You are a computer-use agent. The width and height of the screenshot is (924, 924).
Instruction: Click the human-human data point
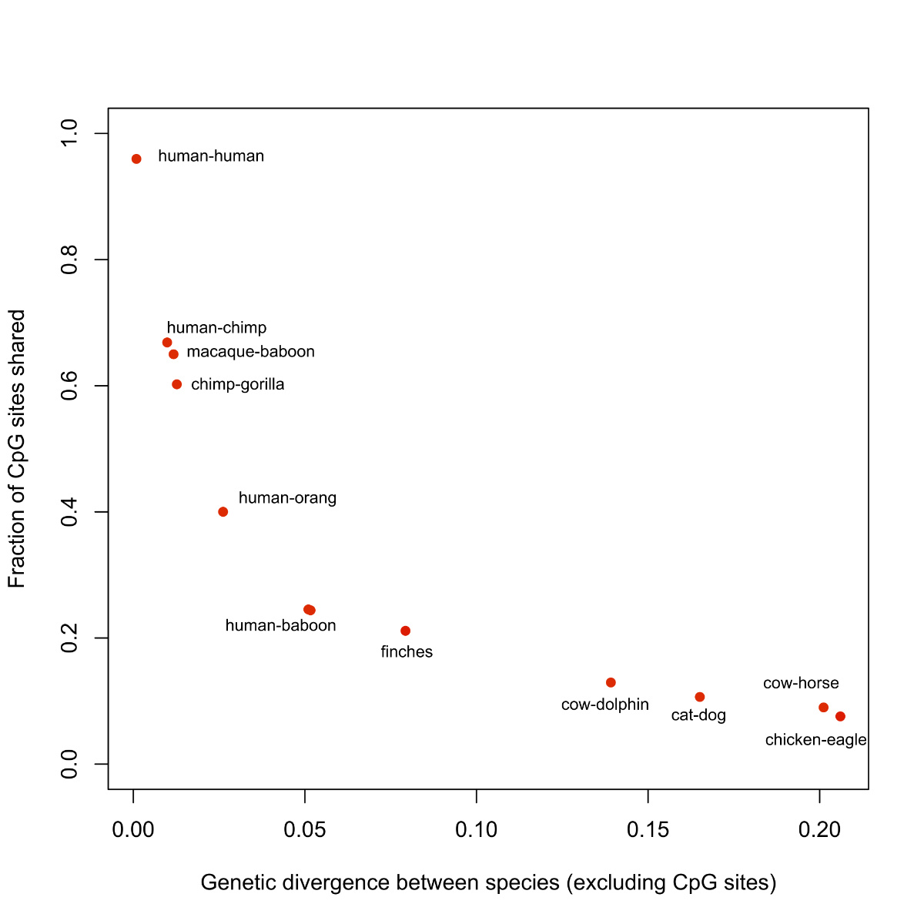(x=136, y=159)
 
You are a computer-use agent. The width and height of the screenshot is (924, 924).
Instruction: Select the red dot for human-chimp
(x=167, y=343)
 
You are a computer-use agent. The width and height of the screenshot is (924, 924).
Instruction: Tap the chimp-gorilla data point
(x=177, y=384)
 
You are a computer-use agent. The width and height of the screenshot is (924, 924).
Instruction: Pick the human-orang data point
(x=223, y=512)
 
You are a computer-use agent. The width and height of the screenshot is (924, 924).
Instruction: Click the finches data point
(x=406, y=631)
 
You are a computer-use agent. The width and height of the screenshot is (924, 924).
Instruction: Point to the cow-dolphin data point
(x=611, y=682)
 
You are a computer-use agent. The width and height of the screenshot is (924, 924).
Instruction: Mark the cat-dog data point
(x=700, y=697)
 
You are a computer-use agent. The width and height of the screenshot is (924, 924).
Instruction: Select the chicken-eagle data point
(x=840, y=716)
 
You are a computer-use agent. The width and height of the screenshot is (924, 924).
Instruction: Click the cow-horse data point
(x=824, y=708)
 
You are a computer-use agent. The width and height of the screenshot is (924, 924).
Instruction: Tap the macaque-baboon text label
(x=250, y=352)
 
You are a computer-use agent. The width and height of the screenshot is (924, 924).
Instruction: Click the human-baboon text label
(x=280, y=626)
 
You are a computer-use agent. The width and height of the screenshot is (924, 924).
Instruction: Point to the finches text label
(x=407, y=652)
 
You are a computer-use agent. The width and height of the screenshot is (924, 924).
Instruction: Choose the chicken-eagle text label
(x=815, y=740)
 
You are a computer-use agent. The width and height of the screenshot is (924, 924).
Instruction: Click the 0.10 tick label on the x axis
(x=477, y=830)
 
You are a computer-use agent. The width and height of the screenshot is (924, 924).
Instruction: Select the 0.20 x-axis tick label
(x=819, y=830)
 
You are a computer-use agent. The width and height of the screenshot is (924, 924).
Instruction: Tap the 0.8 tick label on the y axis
(x=70, y=260)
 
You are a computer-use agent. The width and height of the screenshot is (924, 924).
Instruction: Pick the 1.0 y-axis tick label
(x=70, y=134)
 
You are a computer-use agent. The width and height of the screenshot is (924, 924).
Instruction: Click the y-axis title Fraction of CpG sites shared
(x=17, y=449)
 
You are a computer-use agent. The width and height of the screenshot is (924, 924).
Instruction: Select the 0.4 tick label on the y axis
(x=70, y=512)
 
